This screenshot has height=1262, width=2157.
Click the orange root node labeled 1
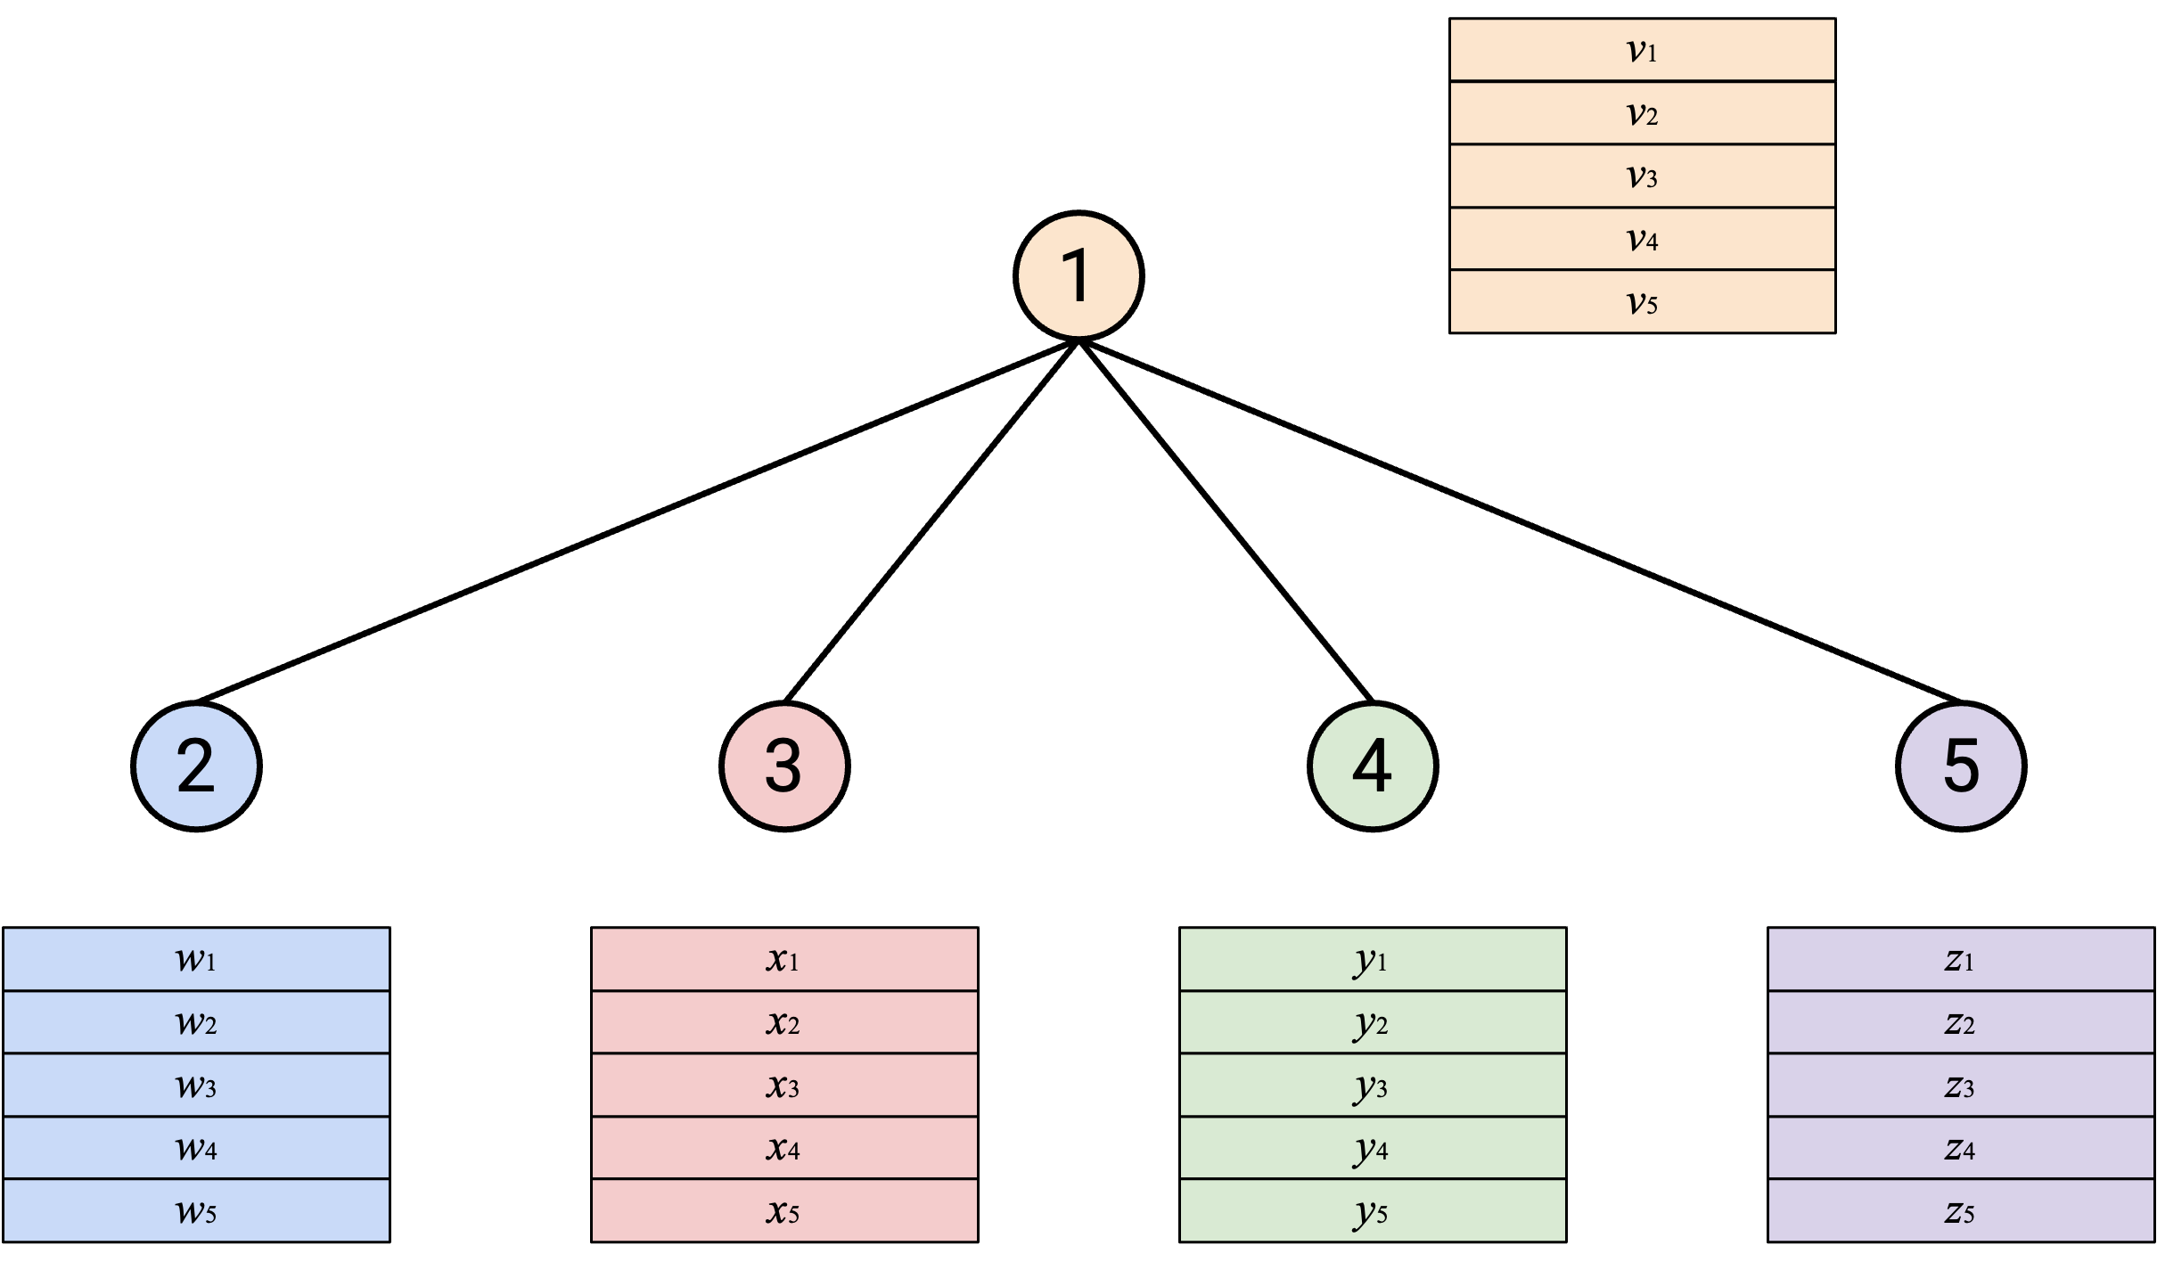tap(1078, 275)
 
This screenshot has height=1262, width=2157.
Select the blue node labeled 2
tap(196, 766)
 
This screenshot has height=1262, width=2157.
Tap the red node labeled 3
tap(784, 766)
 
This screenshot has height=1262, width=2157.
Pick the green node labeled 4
tap(1373, 766)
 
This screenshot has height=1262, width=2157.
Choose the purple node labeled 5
tap(1961, 766)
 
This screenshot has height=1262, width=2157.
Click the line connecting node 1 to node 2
tap(637, 521)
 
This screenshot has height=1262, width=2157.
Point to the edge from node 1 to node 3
tap(931, 521)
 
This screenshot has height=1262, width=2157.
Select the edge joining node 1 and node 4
tap(1226, 521)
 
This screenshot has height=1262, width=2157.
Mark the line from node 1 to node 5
tap(1520, 521)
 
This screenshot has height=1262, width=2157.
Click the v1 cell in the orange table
tap(1642, 50)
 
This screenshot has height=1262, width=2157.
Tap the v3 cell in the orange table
tap(1642, 176)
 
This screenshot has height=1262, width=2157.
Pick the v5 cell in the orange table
tap(1642, 302)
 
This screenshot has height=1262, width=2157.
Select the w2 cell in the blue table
tap(196, 1022)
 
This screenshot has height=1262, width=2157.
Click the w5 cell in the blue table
tap(196, 1211)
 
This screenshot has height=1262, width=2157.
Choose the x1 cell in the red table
tap(784, 959)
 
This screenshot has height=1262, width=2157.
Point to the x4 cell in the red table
tap(784, 1148)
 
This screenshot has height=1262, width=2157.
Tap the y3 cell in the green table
tap(1373, 1086)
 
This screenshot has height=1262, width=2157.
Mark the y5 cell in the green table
tap(1373, 1211)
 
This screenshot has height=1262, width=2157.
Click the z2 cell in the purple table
tap(1961, 1022)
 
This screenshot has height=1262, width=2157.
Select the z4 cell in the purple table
tap(1961, 1148)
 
